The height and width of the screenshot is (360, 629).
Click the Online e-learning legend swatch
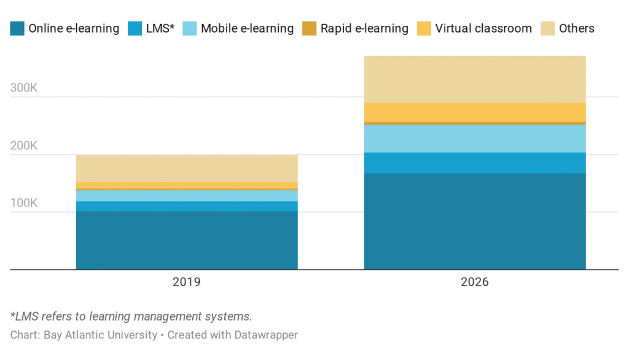(x=17, y=28)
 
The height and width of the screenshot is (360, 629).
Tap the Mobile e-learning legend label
(x=248, y=28)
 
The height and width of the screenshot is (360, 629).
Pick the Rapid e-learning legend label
(x=364, y=28)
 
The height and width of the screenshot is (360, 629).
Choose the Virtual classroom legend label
(x=483, y=28)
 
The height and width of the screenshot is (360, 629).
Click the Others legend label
(x=576, y=28)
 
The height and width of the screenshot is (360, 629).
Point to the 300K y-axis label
(x=25, y=88)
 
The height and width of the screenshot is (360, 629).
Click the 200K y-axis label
(x=25, y=146)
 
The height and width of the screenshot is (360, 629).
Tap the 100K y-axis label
(x=25, y=203)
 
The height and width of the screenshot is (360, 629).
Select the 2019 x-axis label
(x=187, y=283)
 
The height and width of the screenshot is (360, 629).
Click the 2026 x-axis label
(x=475, y=283)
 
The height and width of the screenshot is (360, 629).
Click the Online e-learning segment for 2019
(x=187, y=240)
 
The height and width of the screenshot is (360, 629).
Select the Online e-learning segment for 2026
(x=475, y=221)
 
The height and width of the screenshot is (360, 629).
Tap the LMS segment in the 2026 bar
(x=475, y=163)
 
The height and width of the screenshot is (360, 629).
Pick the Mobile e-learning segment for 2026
(x=475, y=139)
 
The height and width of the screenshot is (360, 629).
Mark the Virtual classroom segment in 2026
(x=475, y=112)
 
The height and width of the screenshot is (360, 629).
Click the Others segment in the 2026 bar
(x=475, y=79)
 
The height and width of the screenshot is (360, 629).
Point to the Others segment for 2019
(x=187, y=168)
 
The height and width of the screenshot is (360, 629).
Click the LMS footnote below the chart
(x=131, y=317)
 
